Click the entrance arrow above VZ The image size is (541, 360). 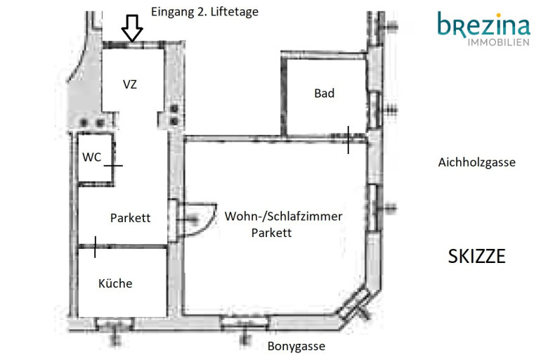tap(132, 28)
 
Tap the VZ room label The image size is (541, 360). tap(130, 84)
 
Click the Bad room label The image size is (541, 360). tap(325, 93)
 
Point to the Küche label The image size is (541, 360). tap(115, 283)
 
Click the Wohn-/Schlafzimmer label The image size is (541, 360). tap(283, 216)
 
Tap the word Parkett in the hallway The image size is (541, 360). tap(131, 217)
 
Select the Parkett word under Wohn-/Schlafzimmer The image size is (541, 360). tap(271, 233)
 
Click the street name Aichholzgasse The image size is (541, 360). tap(476, 162)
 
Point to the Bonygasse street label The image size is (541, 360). tap(296, 346)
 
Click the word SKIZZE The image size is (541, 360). tap(476, 256)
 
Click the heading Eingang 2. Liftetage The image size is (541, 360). tap(205, 11)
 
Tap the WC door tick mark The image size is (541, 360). tap(113, 166)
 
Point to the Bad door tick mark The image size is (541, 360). tap(348, 139)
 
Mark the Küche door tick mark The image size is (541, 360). tap(95, 247)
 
